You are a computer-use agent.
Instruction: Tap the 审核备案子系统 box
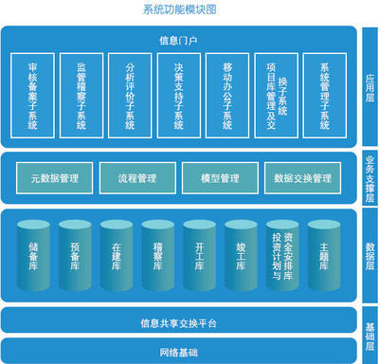[x=34, y=95]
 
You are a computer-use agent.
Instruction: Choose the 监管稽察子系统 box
[x=82, y=95]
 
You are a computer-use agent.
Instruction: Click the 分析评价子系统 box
[x=131, y=95]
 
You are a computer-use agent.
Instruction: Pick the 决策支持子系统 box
[x=179, y=95]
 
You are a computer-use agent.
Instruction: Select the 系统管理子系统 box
[x=324, y=95]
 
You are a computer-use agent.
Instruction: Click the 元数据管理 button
[x=54, y=177]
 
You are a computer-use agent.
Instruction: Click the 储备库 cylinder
[x=34, y=256]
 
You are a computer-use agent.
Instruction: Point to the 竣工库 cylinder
[x=242, y=256]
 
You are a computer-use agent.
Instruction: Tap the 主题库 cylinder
[x=325, y=256]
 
